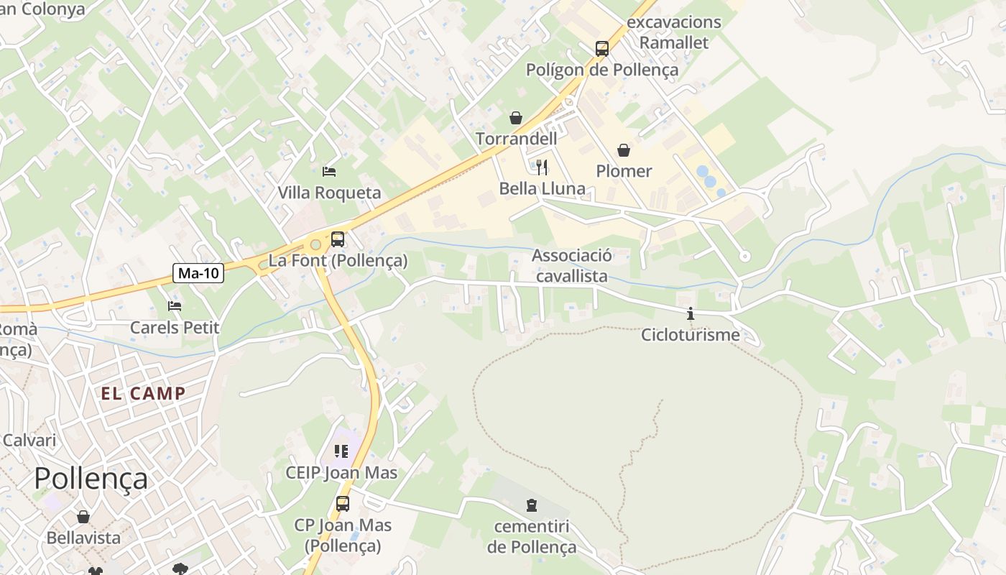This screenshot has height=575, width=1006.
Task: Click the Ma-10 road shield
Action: pos(199,273)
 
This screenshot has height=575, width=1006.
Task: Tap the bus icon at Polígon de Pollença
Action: pos(602,49)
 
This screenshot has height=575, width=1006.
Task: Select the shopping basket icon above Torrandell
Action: pos(516,118)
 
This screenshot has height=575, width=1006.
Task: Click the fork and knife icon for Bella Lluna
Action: pos(542,167)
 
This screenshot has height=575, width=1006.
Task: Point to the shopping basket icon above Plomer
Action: pos(624,150)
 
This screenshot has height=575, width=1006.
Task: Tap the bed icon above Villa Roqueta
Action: pos(329,172)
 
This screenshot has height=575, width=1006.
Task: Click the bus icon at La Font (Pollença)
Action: pos(338,239)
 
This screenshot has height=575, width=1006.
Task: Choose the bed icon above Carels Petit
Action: pos(175,306)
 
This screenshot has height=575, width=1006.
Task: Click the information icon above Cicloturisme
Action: pos(691,313)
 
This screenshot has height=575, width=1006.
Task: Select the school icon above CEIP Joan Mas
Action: pos(341,451)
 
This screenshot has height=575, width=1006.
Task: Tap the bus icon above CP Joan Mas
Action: pos(343,504)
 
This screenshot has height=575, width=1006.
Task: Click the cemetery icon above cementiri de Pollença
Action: pos(532,505)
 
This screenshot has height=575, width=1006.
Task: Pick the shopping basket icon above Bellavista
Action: pos(83,517)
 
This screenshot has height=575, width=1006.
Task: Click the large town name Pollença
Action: pos(91,479)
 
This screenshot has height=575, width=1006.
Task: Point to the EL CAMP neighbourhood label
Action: pos(143,393)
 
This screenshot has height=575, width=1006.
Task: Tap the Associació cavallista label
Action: pos(572,265)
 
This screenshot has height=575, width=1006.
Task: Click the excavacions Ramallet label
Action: pos(673,32)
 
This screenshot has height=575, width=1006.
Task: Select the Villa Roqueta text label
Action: pos(329,193)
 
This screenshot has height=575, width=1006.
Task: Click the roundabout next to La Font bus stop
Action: pos(315,245)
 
